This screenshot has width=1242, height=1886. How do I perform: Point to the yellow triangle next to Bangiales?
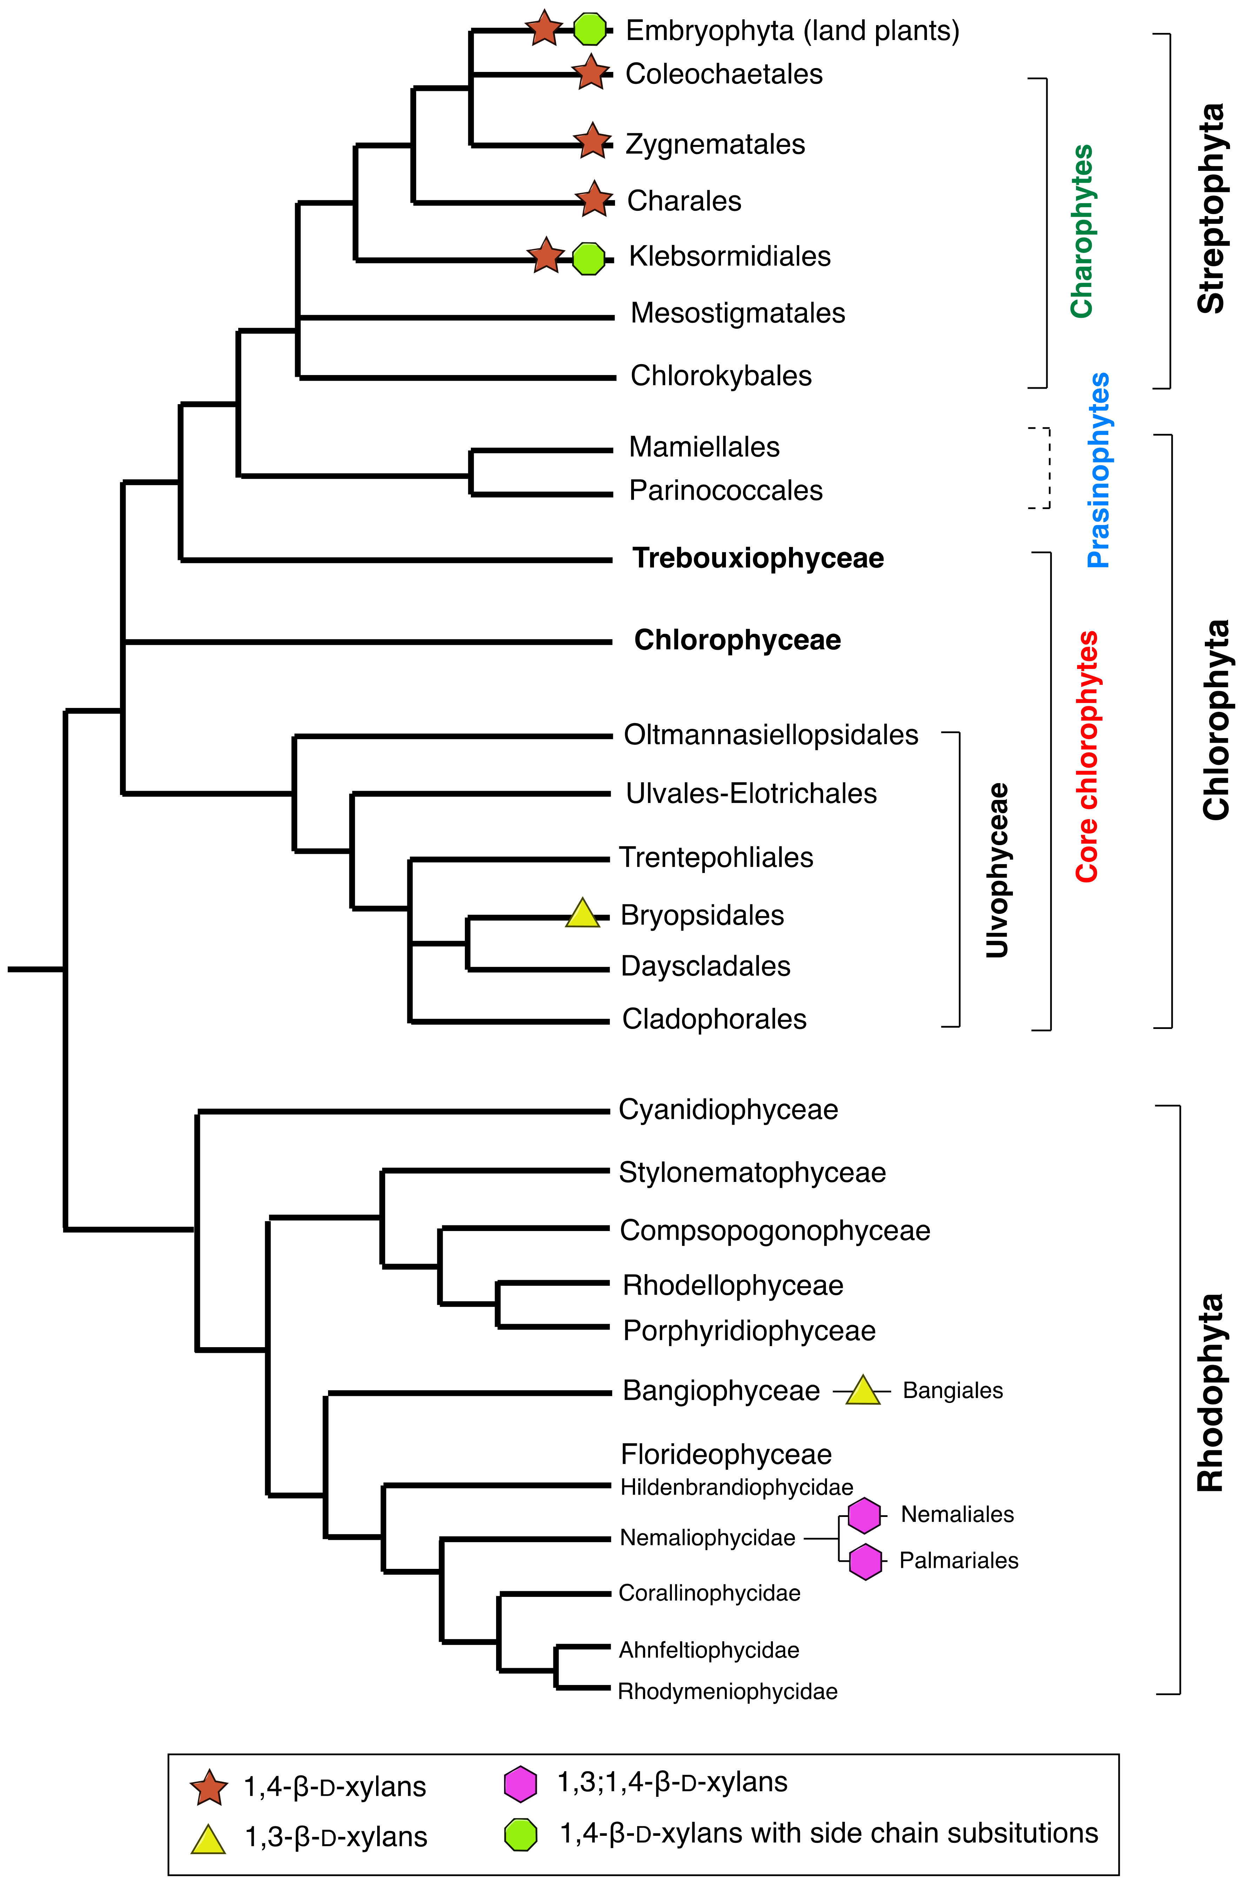coord(862,1391)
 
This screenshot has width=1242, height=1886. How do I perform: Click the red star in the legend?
coord(208,1787)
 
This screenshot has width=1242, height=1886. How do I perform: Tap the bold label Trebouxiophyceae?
coord(758,558)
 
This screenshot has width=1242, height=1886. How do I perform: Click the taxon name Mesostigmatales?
coord(737,313)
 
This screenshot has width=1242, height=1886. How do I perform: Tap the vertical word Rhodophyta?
coord(1209,1392)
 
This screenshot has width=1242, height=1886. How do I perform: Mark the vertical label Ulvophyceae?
coord(997,870)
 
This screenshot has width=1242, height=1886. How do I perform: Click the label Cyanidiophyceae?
coord(728,1109)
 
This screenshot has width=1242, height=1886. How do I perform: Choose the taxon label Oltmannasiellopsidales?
coord(770,735)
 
